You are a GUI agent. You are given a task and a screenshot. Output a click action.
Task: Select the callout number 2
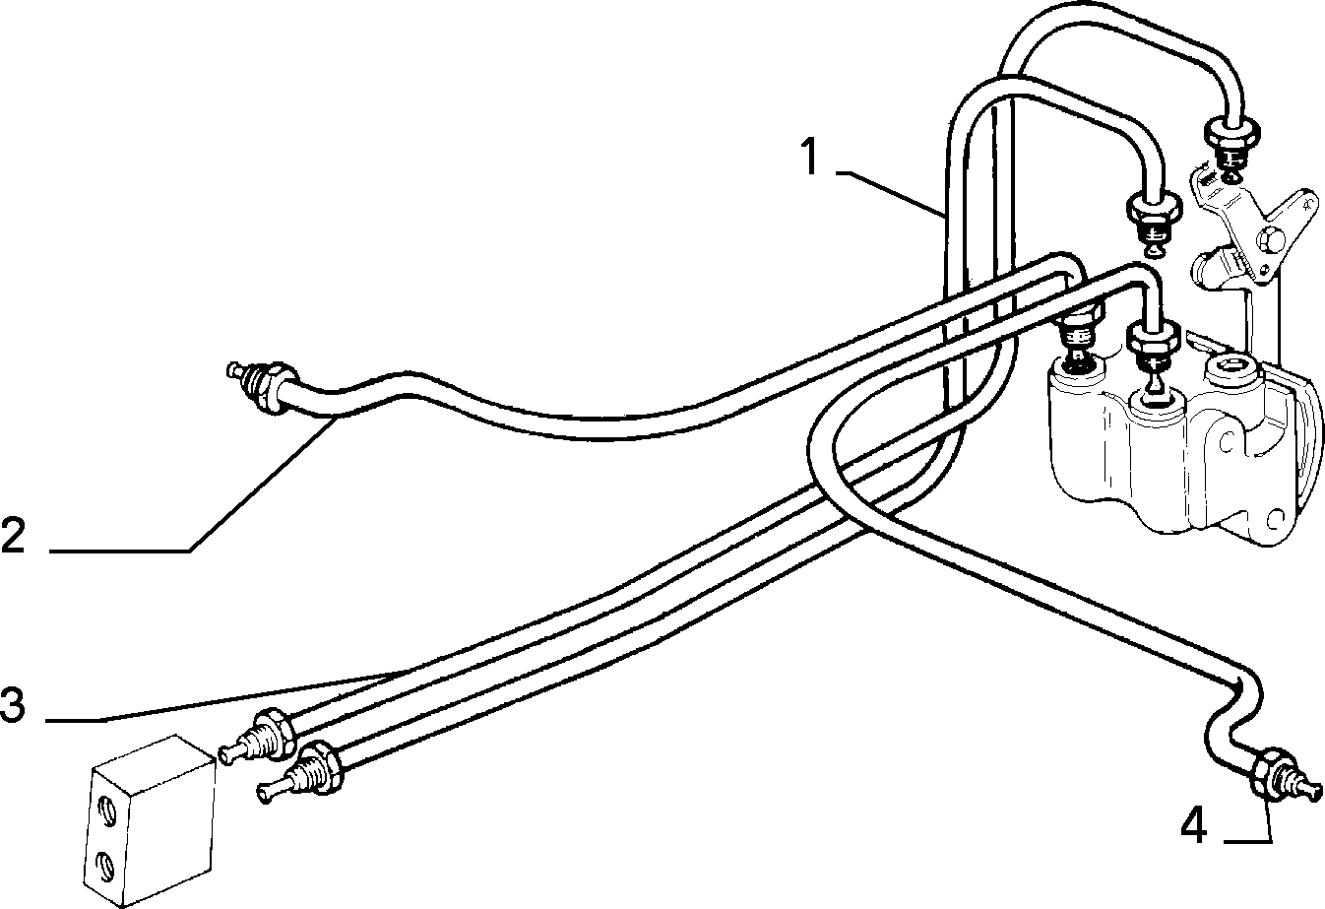(x=13, y=535)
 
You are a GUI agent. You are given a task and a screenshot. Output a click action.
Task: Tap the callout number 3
(x=13, y=704)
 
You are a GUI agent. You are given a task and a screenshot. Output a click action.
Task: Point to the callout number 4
(x=1193, y=826)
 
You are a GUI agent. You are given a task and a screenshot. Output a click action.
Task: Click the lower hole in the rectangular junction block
(x=106, y=866)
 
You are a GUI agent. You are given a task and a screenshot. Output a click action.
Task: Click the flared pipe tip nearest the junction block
(x=226, y=755)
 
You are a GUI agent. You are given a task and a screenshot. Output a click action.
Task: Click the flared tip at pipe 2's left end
(x=233, y=371)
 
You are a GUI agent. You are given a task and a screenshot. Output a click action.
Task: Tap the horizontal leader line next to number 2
(x=119, y=552)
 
